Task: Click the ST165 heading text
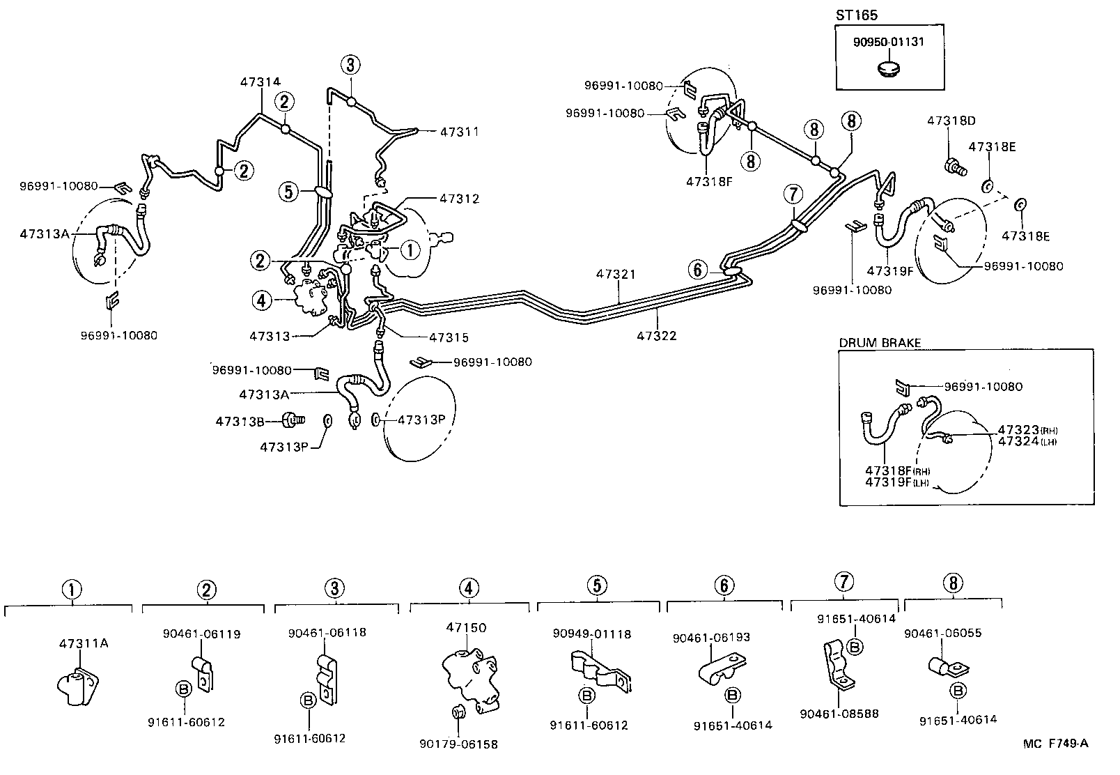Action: point(857,15)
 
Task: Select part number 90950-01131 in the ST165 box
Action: point(888,42)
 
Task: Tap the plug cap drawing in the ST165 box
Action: point(889,69)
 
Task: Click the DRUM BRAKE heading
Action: point(880,342)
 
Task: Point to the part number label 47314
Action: point(260,82)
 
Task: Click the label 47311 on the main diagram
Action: point(459,131)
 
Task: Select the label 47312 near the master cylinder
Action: point(459,199)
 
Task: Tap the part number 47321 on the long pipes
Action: point(616,275)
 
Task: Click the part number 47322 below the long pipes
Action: point(656,335)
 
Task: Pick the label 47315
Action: point(449,337)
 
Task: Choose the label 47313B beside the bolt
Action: point(240,421)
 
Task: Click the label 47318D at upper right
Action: point(951,121)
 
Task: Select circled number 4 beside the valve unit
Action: point(260,301)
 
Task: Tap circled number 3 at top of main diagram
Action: point(350,66)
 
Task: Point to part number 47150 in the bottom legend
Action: point(466,627)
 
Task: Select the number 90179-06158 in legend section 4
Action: point(459,744)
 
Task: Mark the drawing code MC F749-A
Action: point(1055,743)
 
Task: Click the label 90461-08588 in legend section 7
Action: point(839,714)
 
